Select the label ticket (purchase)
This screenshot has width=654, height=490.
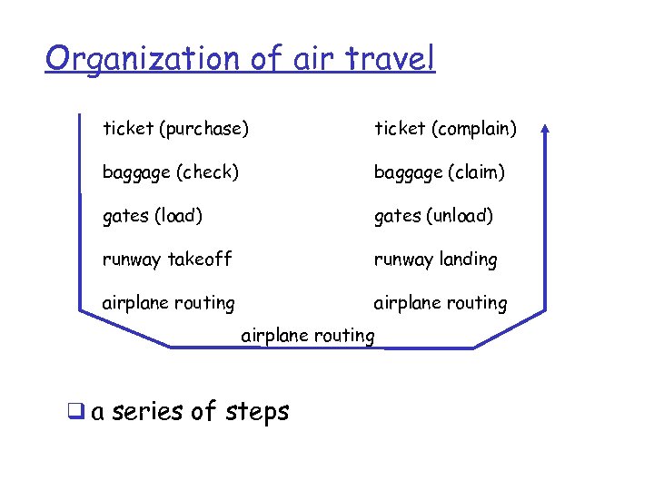point(175,129)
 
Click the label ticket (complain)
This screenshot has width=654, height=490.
point(445,129)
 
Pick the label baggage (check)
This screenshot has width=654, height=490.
point(171,172)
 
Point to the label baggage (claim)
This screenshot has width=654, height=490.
point(440,172)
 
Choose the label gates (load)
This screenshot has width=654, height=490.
point(153,216)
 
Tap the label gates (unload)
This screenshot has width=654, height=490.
point(433,216)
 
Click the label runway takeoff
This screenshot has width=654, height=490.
point(167,260)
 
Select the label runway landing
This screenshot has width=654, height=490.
point(436,260)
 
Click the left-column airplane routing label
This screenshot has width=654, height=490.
point(168,303)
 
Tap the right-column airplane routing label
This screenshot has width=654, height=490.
point(441,303)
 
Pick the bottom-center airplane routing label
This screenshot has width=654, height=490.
point(307,336)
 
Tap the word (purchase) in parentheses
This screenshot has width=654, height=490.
point(203,129)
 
